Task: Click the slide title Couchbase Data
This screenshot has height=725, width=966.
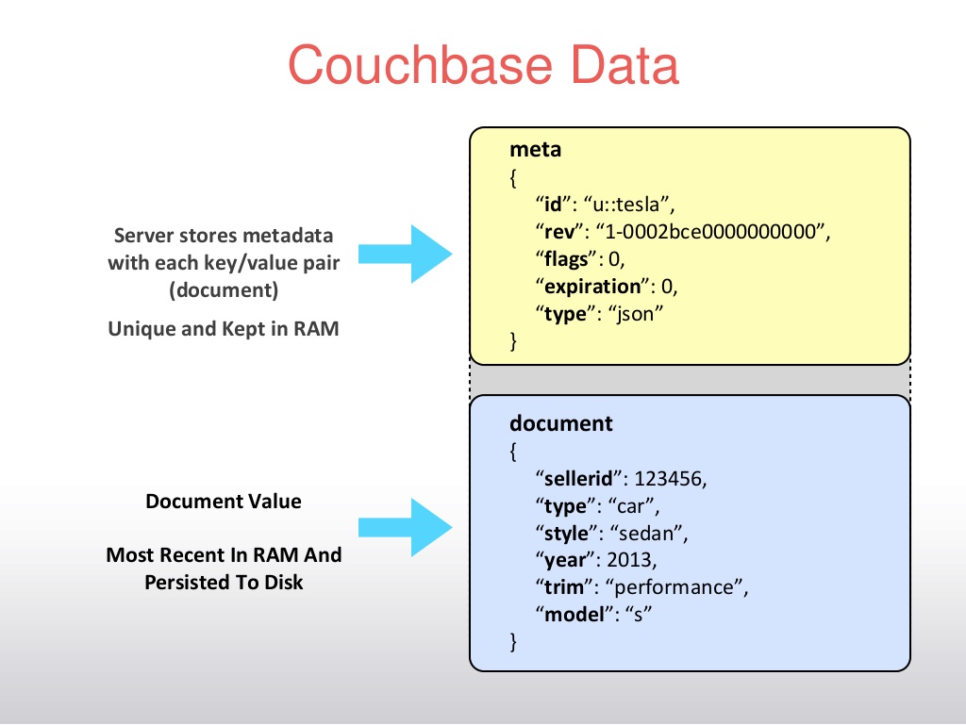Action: coord(483,67)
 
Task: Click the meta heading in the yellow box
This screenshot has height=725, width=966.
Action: coord(536,149)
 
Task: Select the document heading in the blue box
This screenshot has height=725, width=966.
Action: coord(561,423)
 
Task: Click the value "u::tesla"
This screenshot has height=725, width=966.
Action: coord(629,203)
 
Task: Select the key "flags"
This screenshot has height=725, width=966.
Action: coord(564,258)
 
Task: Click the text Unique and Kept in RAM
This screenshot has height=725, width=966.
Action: coord(224,328)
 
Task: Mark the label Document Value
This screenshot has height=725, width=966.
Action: coord(224,502)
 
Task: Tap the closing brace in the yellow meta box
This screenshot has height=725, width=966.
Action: coord(514,341)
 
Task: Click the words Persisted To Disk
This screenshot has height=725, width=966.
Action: coord(224,582)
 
